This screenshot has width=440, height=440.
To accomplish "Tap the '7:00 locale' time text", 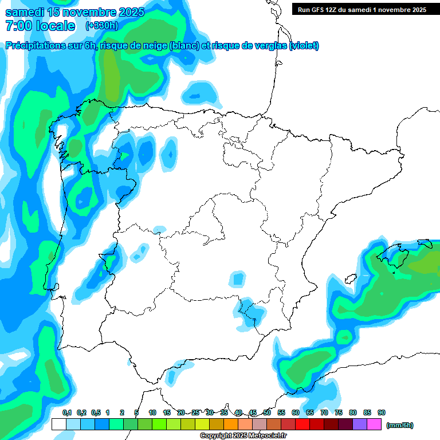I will (40, 26).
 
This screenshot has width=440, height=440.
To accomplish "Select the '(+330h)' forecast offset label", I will (101, 26).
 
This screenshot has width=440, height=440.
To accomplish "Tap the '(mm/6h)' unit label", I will (400, 425).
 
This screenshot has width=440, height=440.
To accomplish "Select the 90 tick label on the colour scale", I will (382, 412).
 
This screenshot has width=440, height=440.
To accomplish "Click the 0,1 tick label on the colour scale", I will (66, 412).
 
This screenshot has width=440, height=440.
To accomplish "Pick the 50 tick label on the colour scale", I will (267, 412).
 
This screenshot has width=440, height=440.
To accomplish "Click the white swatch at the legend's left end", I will (58, 425).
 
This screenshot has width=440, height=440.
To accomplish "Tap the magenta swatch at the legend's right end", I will (374, 425).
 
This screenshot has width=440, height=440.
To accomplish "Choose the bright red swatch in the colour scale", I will (302, 425).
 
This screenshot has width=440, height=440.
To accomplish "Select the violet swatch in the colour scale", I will (360, 425).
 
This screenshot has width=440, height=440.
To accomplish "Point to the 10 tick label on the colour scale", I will (152, 412).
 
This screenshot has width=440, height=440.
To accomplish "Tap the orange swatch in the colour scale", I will (231, 425).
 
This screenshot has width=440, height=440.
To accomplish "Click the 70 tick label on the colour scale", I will (324, 412).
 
